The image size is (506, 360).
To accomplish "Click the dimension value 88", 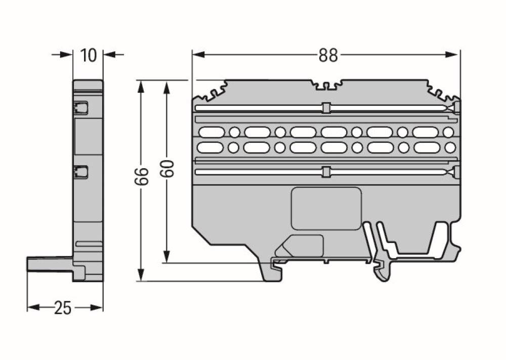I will [328, 55].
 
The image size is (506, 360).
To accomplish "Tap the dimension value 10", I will [88, 55].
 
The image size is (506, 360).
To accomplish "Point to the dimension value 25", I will [63, 308].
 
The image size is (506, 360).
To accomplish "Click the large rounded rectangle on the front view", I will [326, 208].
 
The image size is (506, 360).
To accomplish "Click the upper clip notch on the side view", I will [80, 108].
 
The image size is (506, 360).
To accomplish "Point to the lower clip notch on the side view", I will [80, 172].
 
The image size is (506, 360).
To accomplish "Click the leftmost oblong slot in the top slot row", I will [212, 133].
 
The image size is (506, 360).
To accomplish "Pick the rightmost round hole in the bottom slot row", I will [449, 148].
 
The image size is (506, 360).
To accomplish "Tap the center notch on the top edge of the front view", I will [326, 86].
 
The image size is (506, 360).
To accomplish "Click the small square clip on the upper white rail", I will [326, 108].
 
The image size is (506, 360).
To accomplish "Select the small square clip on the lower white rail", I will [326, 172].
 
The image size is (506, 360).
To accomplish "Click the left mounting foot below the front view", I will [272, 270].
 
